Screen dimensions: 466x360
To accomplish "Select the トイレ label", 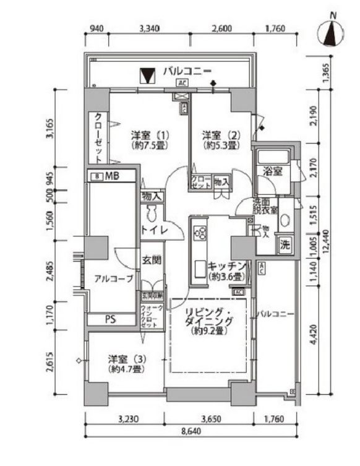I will click(152, 230).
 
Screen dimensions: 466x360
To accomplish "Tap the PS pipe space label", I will click(110, 320).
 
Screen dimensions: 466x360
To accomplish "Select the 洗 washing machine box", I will click(285, 244).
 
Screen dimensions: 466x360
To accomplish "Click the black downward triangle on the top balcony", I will click(147, 75).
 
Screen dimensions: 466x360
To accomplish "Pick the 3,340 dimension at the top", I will click(151, 28).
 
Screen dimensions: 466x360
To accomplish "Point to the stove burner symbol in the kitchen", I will click(200, 234).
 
